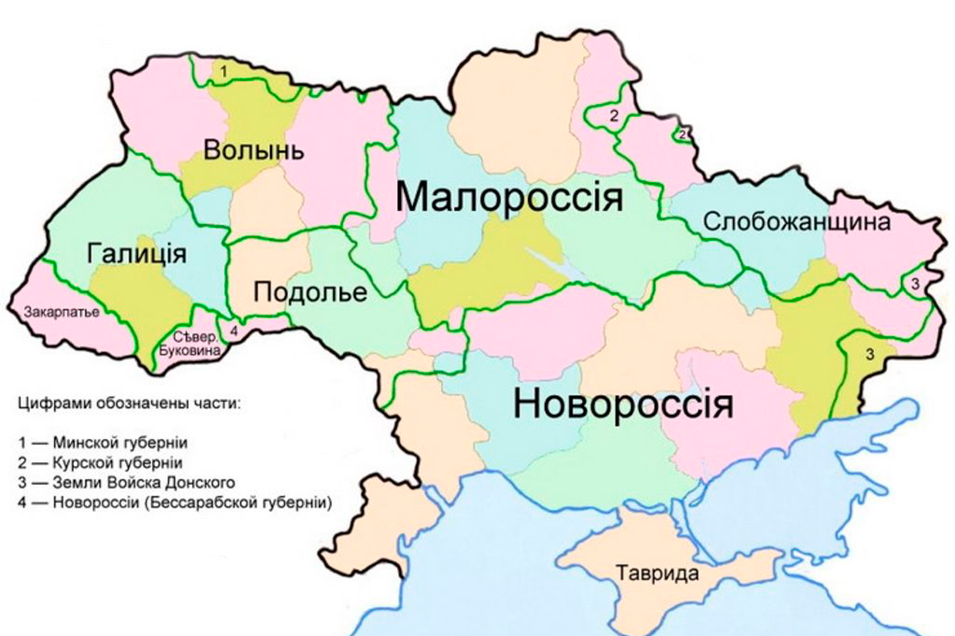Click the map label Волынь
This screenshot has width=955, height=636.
[x=251, y=150]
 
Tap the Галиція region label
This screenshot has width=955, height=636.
[x=136, y=254]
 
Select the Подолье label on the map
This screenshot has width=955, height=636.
[x=310, y=293]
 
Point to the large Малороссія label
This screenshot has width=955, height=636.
[x=509, y=196]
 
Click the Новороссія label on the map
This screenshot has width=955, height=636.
[x=622, y=403]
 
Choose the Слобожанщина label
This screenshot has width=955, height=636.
[x=796, y=222]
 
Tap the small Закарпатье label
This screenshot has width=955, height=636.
[x=63, y=311]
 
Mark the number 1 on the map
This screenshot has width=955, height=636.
[x=224, y=72]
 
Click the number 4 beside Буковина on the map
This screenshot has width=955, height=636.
[x=233, y=330]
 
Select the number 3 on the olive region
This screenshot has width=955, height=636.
[x=870, y=354]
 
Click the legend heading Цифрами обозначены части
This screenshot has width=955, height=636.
[x=127, y=403]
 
